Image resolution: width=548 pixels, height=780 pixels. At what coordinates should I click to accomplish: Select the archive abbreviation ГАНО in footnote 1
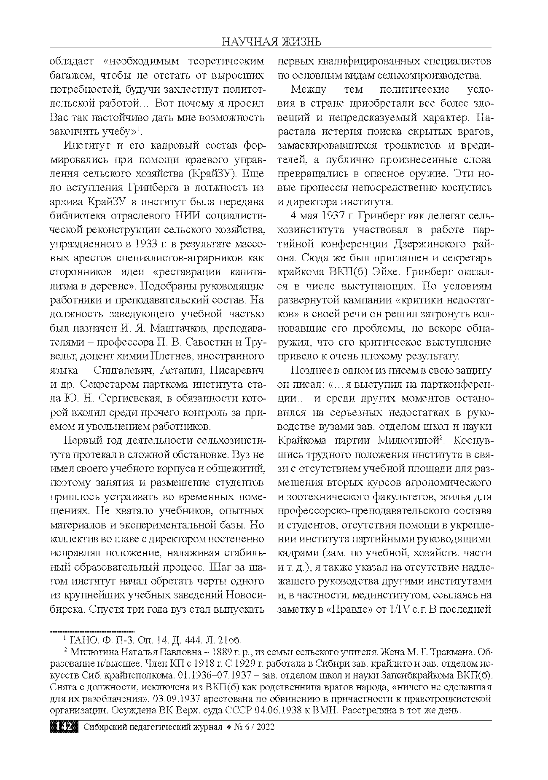point(81,640)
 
